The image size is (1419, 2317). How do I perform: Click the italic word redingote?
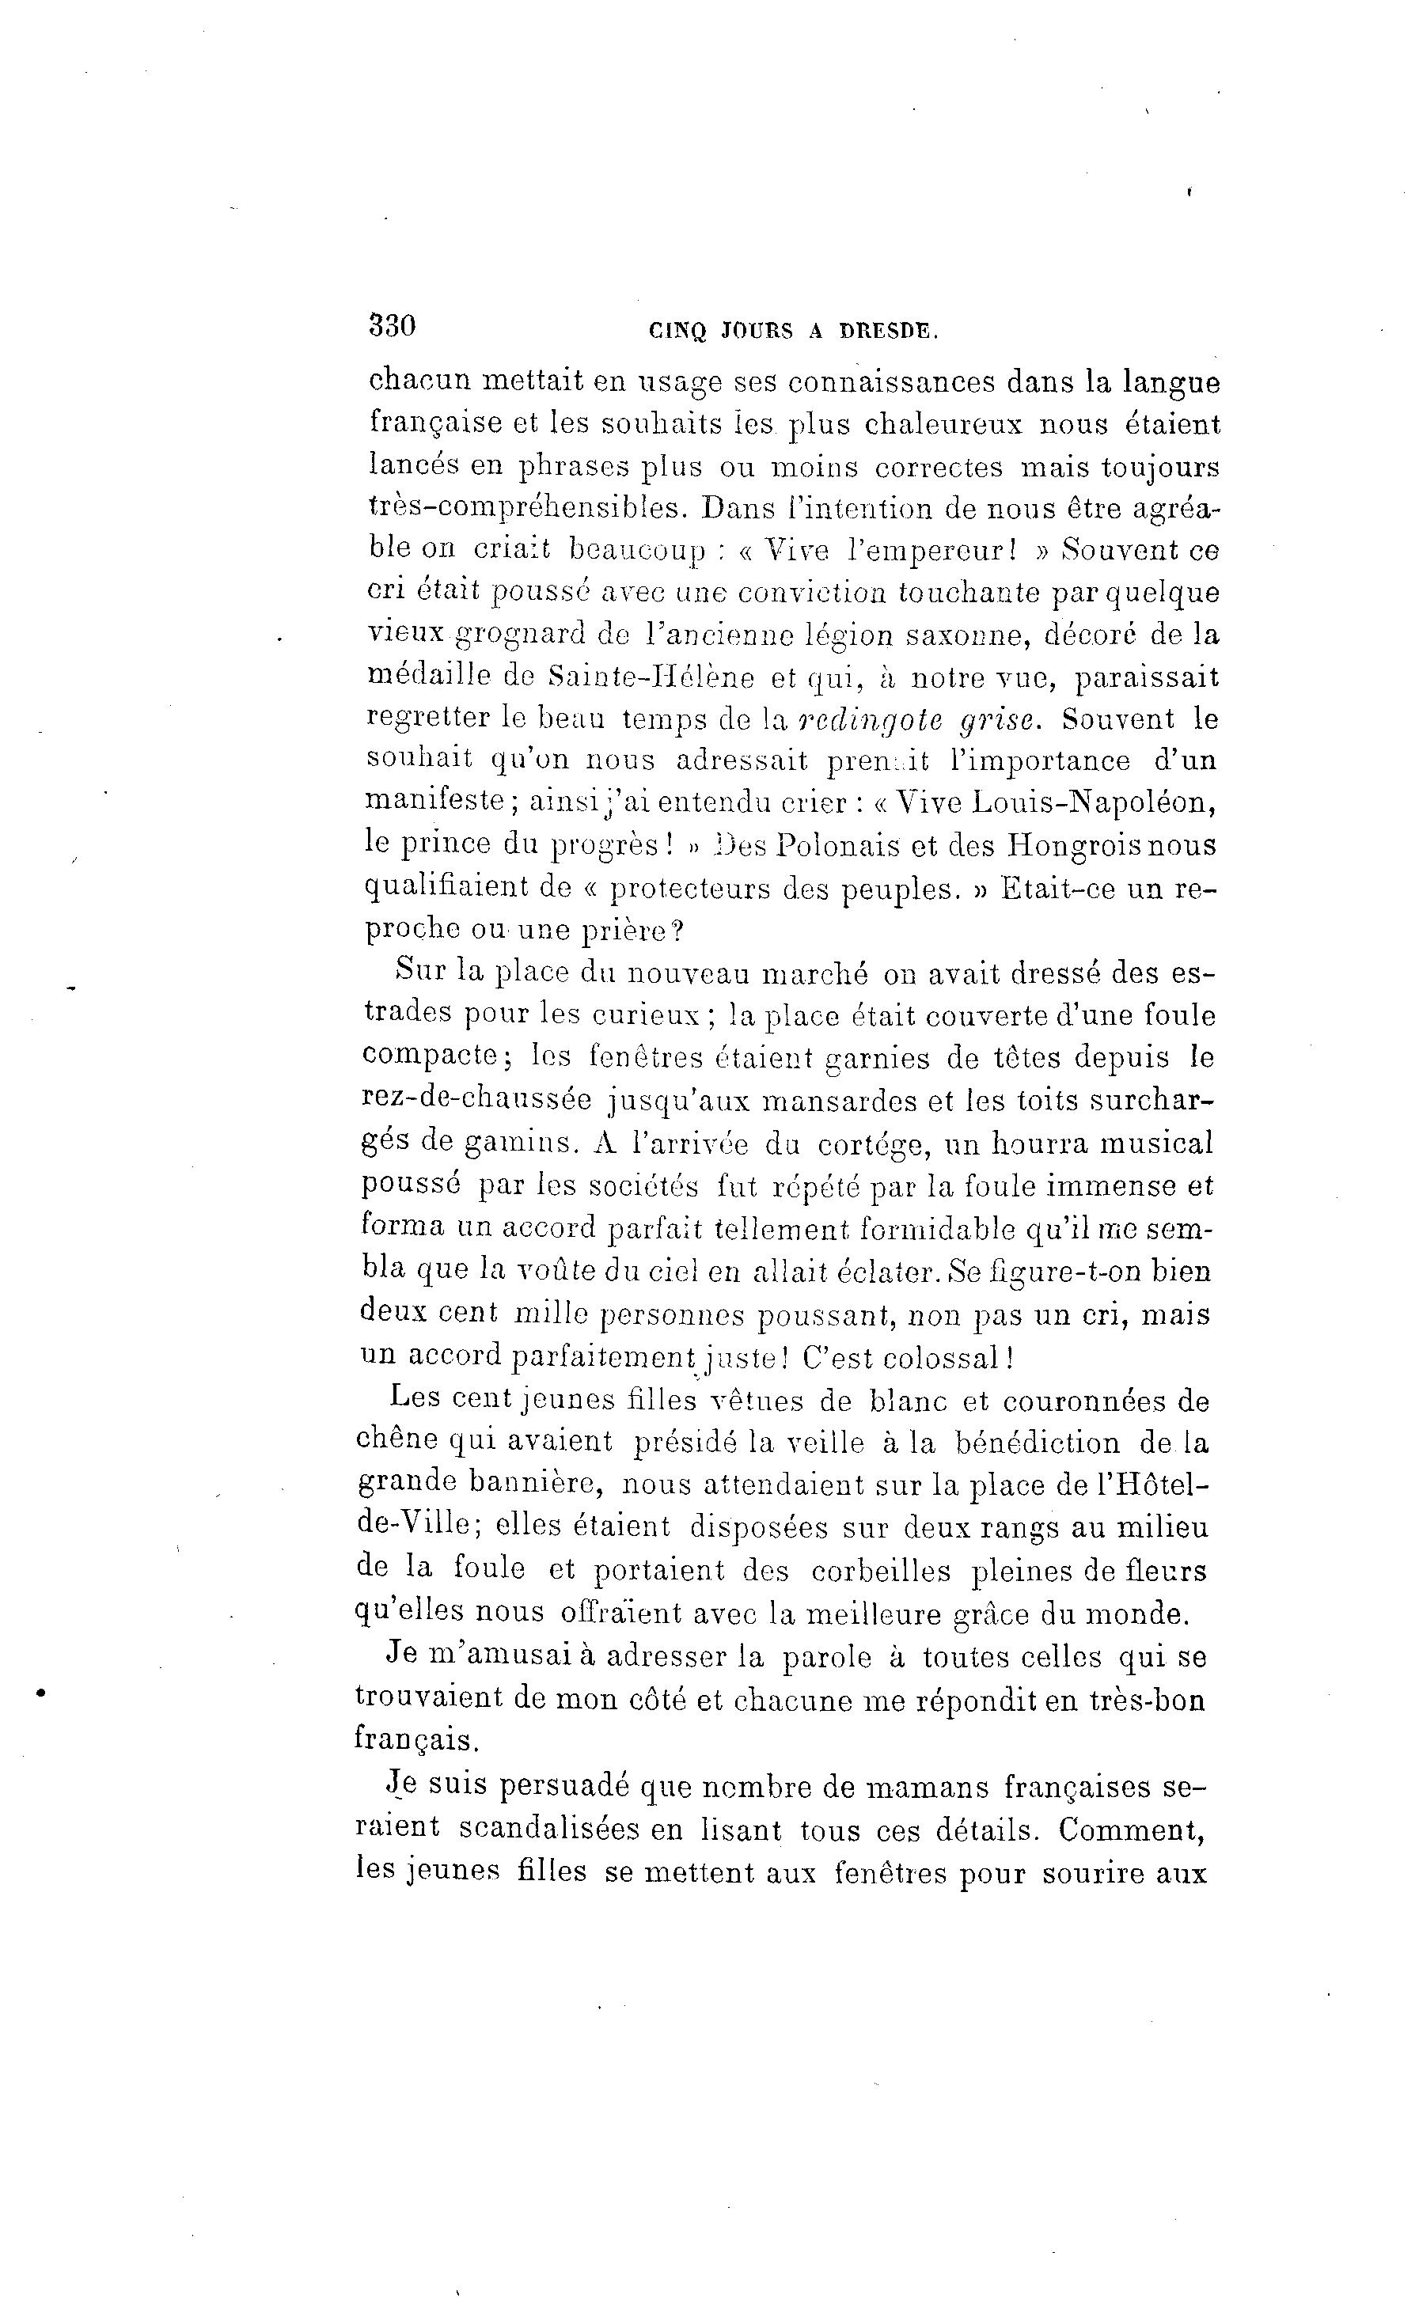pos(869,720)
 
